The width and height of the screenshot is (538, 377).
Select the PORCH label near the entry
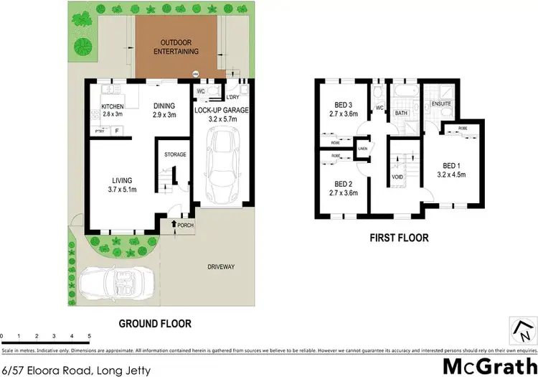186,225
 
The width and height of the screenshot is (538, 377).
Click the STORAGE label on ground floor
175,154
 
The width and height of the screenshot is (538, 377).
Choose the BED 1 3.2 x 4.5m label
452,169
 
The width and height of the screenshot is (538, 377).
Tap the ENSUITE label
442,104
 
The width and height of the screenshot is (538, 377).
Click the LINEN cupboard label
363,149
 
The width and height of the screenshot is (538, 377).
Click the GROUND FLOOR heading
154,324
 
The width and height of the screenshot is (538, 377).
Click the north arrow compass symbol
522,331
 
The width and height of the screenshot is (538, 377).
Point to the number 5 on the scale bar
89,336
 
